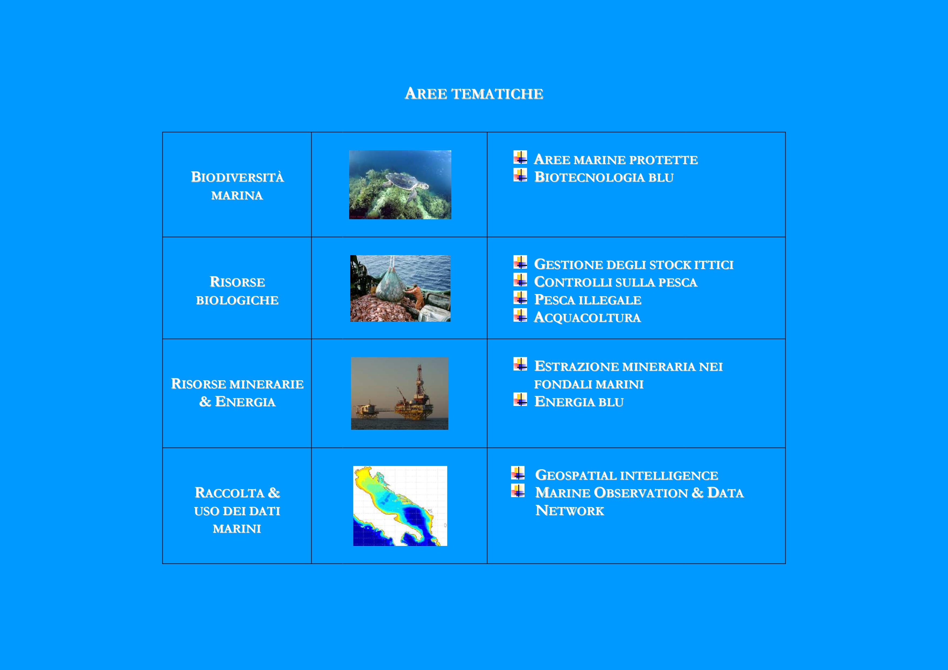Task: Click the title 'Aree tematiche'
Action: pyautogui.click(x=474, y=94)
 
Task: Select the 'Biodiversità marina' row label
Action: pyautogui.click(x=238, y=186)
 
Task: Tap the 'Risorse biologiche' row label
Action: pyautogui.click(x=238, y=291)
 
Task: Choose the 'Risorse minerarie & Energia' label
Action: pyautogui.click(x=238, y=393)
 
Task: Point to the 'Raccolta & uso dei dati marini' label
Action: pyautogui.click(x=238, y=510)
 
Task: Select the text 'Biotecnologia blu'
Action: pyautogui.click(x=604, y=177)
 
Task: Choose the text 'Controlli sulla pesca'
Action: pyautogui.click(x=616, y=282)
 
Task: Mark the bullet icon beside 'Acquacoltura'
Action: pyautogui.click(x=520, y=315)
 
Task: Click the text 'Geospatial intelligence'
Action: pyautogui.click(x=627, y=475)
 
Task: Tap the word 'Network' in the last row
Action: pyautogui.click(x=570, y=511)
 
